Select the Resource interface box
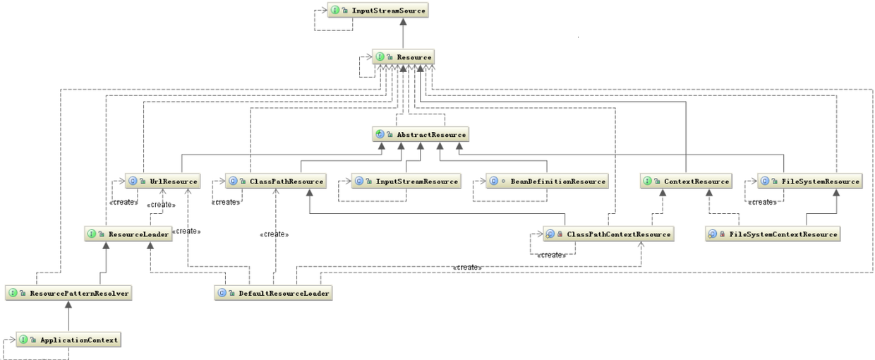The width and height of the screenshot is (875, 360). pyautogui.click(x=403, y=56)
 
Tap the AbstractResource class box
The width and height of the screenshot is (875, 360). pyautogui.click(x=421, y=134)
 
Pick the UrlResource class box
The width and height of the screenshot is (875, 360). pyautogui.click(x=163, y=181)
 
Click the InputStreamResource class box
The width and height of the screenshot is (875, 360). pyautogui.click(x=406, y=181)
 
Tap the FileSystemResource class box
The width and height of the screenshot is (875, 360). pyautogui.click(x=810, y=181)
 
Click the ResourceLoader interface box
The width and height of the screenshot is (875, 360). pyautogui.click(x=128, y=234)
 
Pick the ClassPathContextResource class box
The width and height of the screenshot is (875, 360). pyautogui.click(x=607, y=234)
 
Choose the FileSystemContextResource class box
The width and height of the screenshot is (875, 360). pyautogui.click(x=773, y=234)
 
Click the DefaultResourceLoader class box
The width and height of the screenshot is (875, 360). pyautogui.click(x=274, y=292)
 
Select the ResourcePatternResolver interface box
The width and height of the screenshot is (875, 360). pyautogui.click(x=68, y=292)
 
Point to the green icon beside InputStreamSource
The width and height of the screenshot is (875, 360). pyautogui.click(x=336, y=11)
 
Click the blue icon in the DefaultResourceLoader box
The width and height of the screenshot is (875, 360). pyautogui.click(x=222, y=292)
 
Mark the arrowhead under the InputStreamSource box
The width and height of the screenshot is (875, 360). pyautogui.click(x=403, y=23)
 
